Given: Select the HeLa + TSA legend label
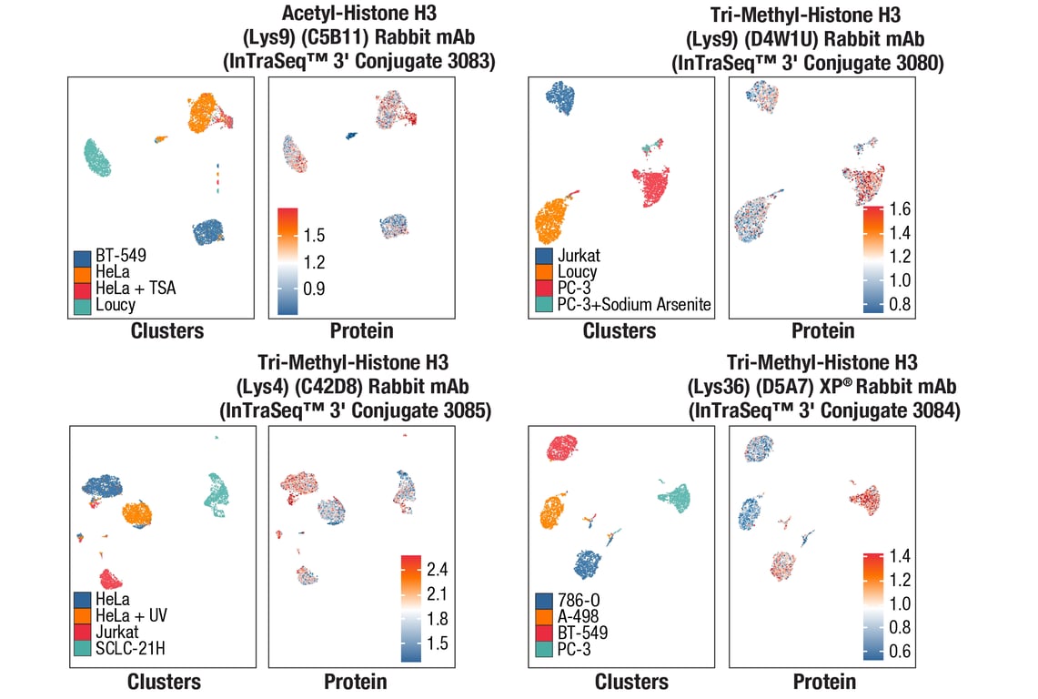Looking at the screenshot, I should tap(136, 289).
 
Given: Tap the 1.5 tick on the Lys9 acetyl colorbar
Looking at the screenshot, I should tap(315, 236).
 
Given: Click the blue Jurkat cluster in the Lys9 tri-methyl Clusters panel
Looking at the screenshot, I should tap(557, 98).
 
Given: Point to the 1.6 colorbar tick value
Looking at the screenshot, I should tap(900, 209).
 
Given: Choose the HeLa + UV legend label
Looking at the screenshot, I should tap(131, 615).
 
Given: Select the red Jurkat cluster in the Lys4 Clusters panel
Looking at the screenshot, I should tap(111, 579).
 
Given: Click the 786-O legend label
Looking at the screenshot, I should tap(577, 601).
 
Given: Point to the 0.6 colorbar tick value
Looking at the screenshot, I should tap(900, 652).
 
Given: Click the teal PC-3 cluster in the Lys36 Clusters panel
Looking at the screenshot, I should tap(676, 497).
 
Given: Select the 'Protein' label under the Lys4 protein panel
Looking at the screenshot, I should tap(356, 681).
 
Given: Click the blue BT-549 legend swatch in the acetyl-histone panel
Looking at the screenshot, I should tap(83, 258).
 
